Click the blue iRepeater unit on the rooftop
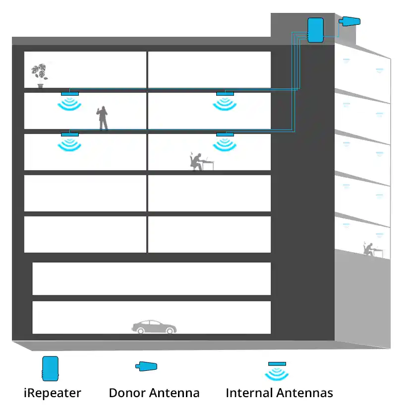point(315,30)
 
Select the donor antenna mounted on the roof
point(350,21)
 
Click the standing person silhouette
point(103,118)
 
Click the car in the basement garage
point(154,327)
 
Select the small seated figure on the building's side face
point(369,249)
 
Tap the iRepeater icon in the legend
point(50,368)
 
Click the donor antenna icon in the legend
point(147,367)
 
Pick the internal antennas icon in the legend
point(277,370)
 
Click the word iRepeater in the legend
point(53,394)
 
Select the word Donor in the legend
point(126,394)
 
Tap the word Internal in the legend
point(249,394)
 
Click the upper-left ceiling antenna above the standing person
point(70,93)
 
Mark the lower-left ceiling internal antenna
point(70,135)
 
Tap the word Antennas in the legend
point(305,394)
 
